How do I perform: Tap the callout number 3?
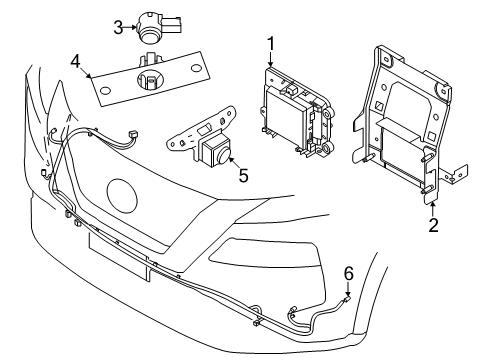pyautogui.click(x=117, y=27)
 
